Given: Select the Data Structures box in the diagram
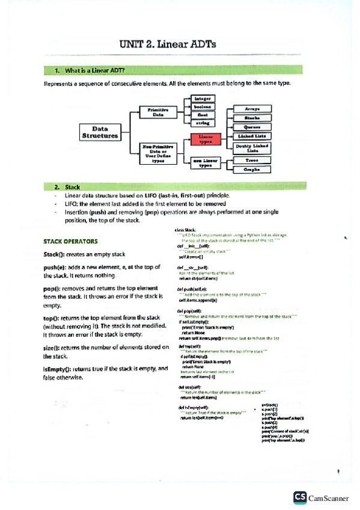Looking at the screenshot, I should [100, 132].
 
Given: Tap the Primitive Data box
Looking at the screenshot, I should [155, 112].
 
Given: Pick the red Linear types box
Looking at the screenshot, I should [206, 140].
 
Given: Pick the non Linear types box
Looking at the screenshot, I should [206, 163].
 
